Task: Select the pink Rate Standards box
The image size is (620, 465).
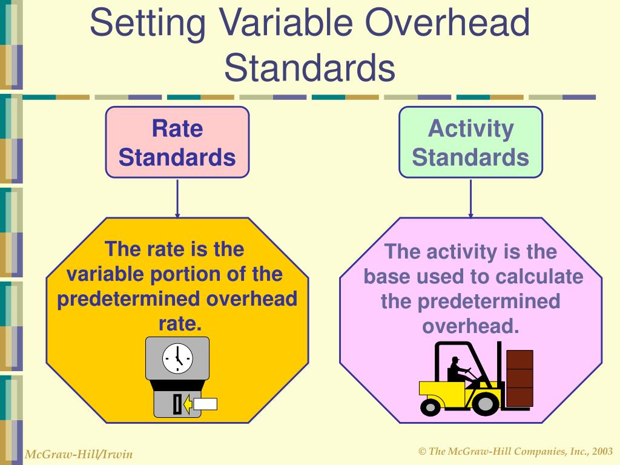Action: click(177, 142)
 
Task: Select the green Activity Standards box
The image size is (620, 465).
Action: click(470, 142)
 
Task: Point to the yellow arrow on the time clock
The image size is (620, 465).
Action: click(188, 404)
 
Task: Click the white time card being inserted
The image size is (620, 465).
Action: click(205, 404)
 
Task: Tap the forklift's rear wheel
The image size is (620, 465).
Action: click(431, 406)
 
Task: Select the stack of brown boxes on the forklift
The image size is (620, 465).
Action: click(519, 378)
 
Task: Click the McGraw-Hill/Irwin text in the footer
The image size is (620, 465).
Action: click(79, 454)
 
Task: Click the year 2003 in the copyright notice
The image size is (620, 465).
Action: click(602, 451)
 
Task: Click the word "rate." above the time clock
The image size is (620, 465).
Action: click(179, 324)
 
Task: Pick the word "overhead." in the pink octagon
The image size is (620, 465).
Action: click(470, 326)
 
